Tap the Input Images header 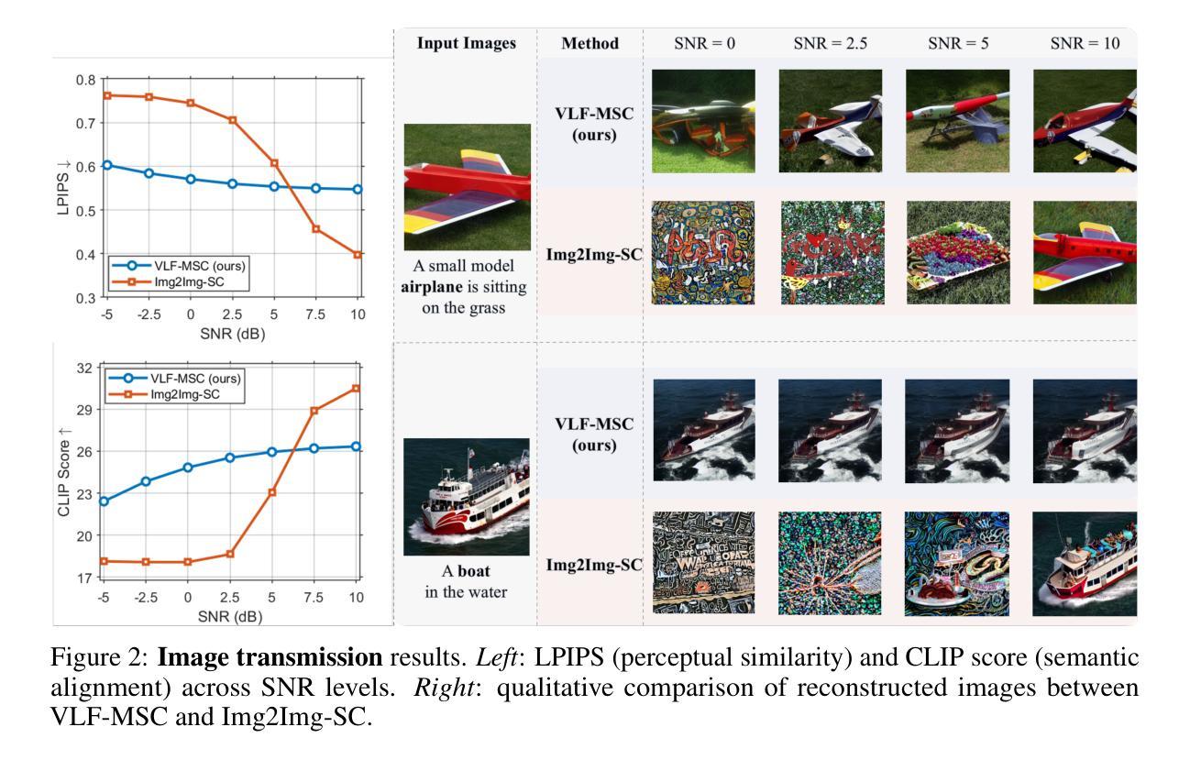[x=467, y=43]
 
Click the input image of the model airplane [x=468, y=187]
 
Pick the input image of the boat [x=467, y=496]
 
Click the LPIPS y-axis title [x=62, y=188]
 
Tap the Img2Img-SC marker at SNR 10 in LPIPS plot [x=358, y=254]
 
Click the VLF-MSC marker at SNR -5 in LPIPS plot [x=106, y=165]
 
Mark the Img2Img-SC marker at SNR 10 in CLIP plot [x=358, y=388]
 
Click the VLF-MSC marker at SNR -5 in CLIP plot [x=104, y=501]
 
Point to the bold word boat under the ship [x=474, y=572]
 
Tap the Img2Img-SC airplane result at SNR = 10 [x=1084, y=252]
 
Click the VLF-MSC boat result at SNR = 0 [x=703, y=430]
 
